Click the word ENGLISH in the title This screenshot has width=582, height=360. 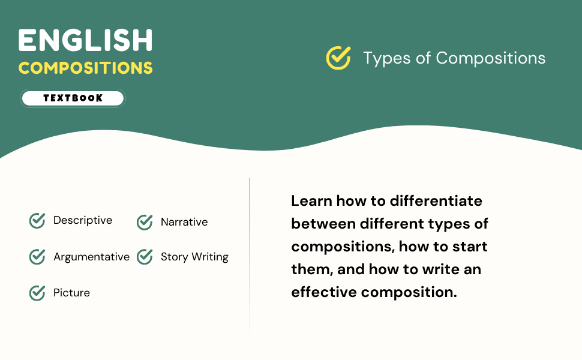[85, 41]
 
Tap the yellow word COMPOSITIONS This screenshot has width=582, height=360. [85, 67]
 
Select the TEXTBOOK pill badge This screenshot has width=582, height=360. [73, 98]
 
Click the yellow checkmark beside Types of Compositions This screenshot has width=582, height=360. [338, 58]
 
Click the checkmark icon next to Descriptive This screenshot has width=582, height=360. [37, 221]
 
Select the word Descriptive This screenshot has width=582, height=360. [83, 220]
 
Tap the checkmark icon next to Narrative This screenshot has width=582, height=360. [145, 222]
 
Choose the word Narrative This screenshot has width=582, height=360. [184, 222]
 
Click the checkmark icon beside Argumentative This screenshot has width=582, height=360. [37, 257]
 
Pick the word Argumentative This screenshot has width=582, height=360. [91, 257]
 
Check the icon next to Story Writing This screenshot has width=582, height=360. [145, 257]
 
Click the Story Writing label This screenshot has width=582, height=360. [194, 257]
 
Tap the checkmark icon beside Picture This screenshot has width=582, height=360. [37, 293]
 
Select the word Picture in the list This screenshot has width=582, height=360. [71, 293]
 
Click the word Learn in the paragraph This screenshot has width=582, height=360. [311, 201]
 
